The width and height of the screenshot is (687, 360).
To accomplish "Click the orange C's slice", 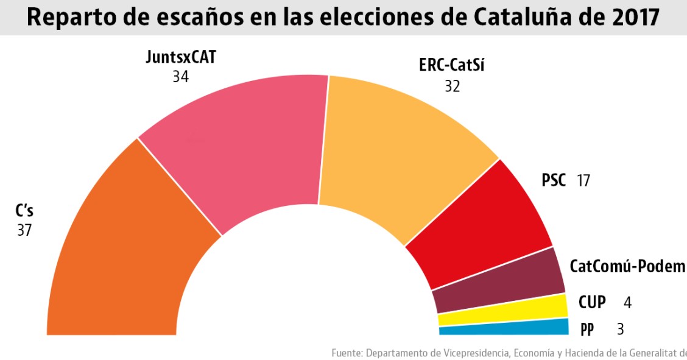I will point(122,256).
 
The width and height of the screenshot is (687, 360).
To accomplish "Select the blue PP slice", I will point(506,329).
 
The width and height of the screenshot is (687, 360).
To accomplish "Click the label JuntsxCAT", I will point(181,58).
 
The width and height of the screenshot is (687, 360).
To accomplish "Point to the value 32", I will point(452,86).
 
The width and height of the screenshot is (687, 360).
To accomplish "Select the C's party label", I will point(24,212).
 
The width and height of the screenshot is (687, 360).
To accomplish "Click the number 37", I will point(24,230).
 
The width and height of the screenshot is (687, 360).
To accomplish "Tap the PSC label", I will point(554,180).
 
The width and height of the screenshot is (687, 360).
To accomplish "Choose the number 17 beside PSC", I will point(583,180).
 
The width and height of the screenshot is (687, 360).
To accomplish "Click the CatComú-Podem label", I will point(627,267).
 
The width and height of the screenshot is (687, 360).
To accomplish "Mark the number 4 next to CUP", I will point(627,302).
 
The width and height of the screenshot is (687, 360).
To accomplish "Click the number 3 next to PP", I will point(620,330).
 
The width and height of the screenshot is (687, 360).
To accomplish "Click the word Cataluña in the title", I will point(513,17).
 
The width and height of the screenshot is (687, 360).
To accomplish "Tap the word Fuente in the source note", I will point(347,353).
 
